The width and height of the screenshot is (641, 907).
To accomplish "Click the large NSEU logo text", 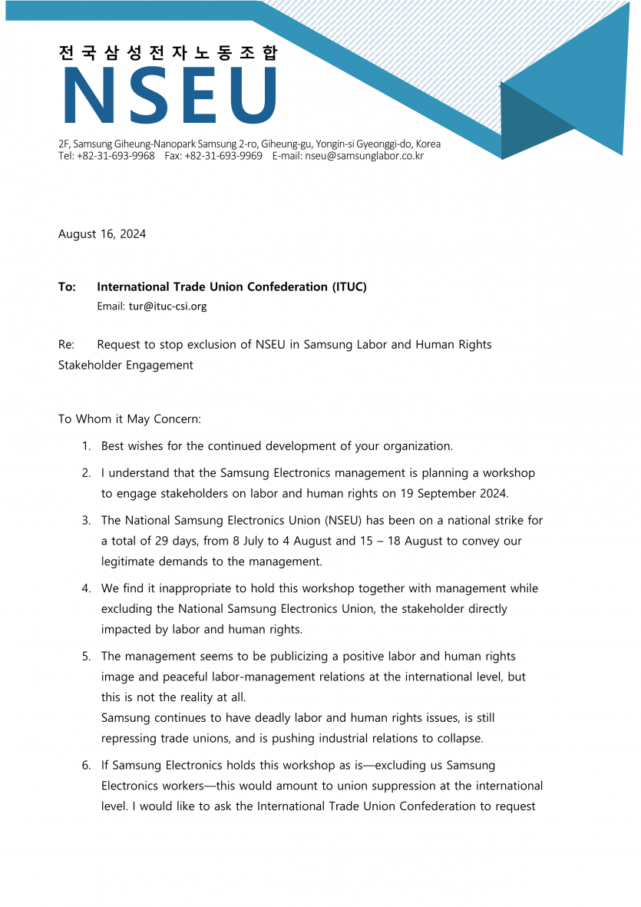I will coord(170,96).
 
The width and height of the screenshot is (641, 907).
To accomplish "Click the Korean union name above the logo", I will coord(168,53).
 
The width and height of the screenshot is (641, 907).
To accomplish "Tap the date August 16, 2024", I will coord(102,234).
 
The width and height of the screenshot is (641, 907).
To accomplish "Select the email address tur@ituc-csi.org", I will coord(167,306).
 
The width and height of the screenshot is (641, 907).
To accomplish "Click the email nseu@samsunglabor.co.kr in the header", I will coord(364,156).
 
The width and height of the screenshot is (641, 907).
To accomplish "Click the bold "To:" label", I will coord(67,287).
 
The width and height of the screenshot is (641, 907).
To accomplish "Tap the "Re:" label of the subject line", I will coord(66,345).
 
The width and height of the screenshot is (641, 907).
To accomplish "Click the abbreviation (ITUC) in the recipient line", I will coord(349,287).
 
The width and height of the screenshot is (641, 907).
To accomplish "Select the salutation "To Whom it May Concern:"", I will coord(129,419).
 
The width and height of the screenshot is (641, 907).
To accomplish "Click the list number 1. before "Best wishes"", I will coord(87,446).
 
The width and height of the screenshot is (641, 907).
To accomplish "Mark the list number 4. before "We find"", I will coord(87,589).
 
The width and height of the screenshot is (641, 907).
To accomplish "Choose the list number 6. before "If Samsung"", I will coord(87,766).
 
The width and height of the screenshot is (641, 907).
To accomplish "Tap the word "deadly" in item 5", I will coord(244,718).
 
